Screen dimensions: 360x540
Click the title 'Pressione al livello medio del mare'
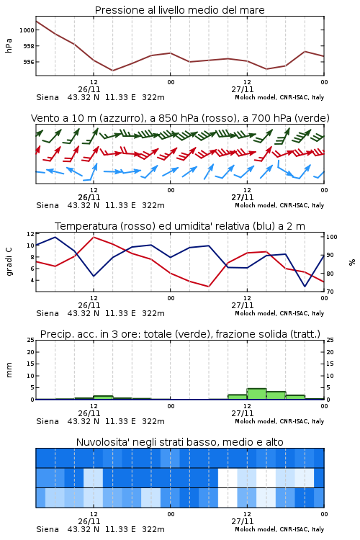[179, 10]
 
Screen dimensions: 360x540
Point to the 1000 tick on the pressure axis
[27, 30]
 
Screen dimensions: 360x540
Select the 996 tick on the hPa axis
[29, 62]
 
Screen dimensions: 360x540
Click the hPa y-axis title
[9, 45]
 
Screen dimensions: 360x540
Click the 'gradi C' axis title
[9, 261]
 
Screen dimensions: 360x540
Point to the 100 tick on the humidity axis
[332, 237]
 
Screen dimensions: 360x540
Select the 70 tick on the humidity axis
[330, 292]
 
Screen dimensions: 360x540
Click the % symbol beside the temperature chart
[352, 262]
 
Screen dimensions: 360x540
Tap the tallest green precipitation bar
[256, 394]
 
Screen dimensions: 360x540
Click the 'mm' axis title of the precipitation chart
[9, 370]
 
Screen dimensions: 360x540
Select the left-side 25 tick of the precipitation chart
[31, 340]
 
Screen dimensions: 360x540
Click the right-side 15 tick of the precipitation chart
[330, 364]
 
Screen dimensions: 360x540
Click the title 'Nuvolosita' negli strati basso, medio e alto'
[179, 442]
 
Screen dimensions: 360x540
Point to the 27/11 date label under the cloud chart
[242, 521]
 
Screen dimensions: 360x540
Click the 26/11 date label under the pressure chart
[89, 89]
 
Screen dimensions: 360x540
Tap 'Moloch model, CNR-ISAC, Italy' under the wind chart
[279, 205]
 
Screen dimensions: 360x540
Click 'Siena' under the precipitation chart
[48, 421]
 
